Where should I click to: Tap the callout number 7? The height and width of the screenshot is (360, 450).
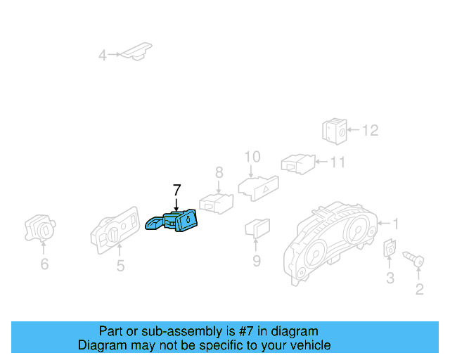[176, 190]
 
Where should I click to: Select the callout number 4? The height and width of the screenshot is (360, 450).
[103, 55]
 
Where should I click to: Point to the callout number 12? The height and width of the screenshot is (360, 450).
[370, 130]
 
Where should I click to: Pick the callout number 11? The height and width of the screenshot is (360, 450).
[338, 162]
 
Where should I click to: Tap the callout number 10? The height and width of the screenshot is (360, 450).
[252, 156]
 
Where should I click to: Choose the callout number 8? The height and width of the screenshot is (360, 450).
[219, 172]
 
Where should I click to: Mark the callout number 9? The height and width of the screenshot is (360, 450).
[257, 262]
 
